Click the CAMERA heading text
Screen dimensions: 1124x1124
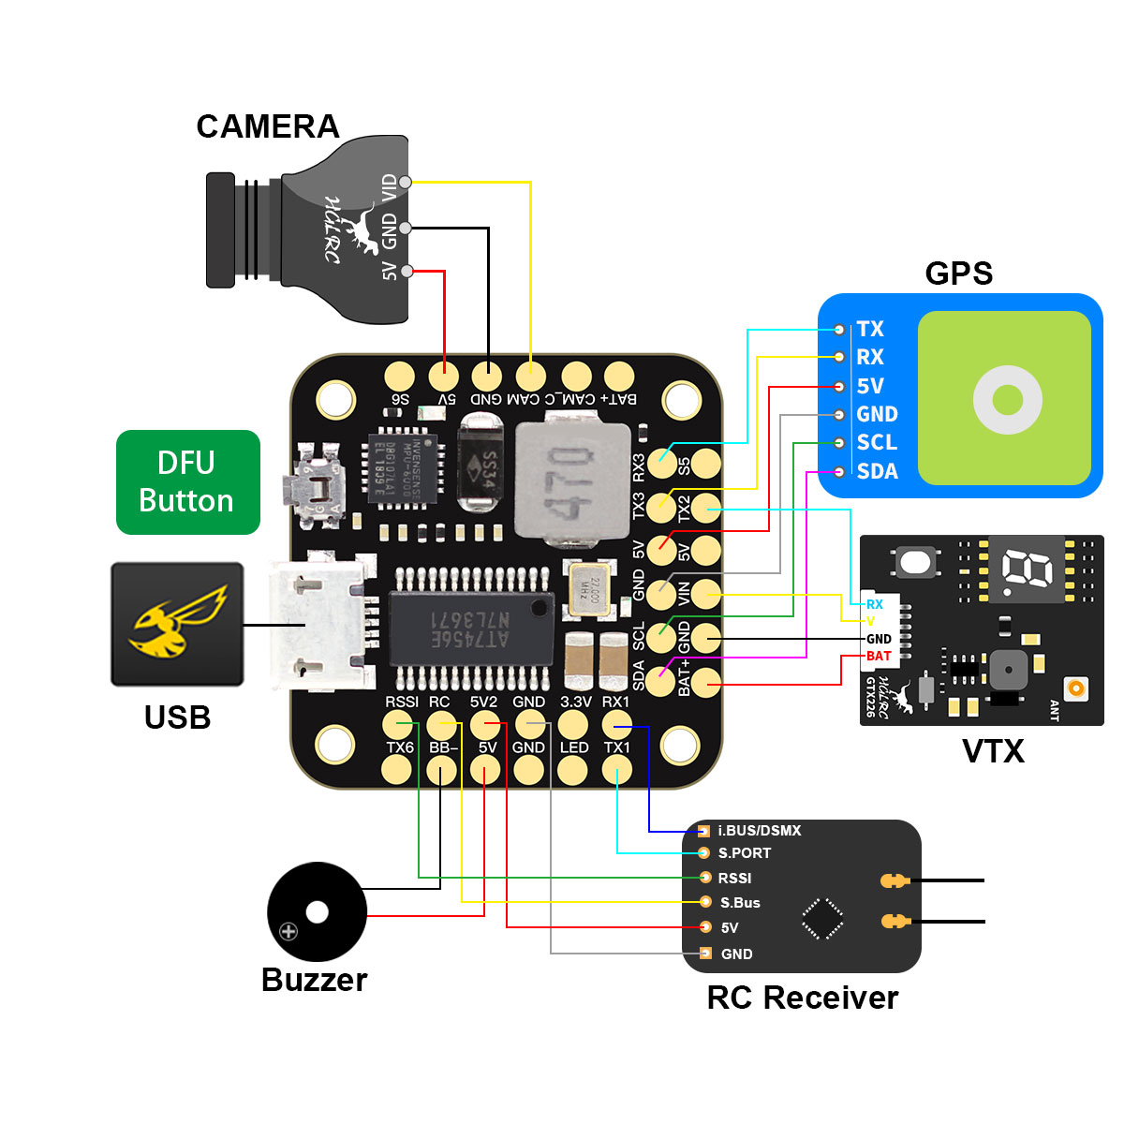pos(267,126)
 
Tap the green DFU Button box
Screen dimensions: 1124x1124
pos(187,482)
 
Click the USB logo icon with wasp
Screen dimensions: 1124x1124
pos(178,625)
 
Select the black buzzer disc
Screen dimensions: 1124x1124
pos(316,911)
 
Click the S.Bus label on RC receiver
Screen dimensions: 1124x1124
pos(740,903)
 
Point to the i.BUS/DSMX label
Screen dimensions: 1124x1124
pos(759,831)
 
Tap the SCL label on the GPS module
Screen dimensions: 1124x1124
pos(877,442)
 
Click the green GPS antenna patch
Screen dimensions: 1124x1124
pos(1005,398)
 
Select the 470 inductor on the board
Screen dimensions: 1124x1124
pos(559,483)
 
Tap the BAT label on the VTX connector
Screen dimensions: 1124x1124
pos(879,656)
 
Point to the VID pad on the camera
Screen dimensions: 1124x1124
pos(405,182)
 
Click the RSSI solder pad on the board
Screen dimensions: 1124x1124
pos(396,724)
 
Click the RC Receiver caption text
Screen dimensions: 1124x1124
pos(802,998)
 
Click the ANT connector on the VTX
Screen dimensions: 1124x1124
pos(1077,688)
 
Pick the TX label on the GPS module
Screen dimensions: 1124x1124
pos(870,329)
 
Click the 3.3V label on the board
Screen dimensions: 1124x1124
pos(575,702)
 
